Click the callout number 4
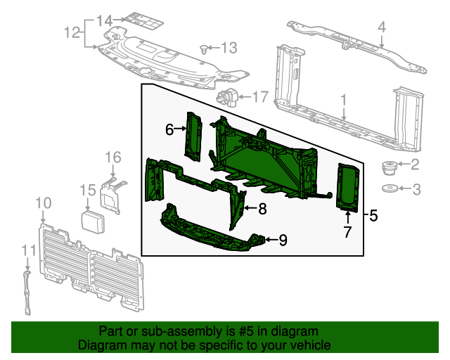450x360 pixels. point(382,27)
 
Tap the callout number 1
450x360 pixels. point(344,101)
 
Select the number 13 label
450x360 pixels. point(229,48)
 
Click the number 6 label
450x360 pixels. point(169,129)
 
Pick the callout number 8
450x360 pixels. point(262,208)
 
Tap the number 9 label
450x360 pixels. point(283,240)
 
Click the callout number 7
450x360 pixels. point(347,232)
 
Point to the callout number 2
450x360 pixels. point(414,165)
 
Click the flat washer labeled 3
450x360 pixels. point(388,188)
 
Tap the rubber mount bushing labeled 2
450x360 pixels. point(387,167)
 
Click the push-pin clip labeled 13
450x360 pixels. point(204,49)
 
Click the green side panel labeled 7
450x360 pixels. point(347,186)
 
